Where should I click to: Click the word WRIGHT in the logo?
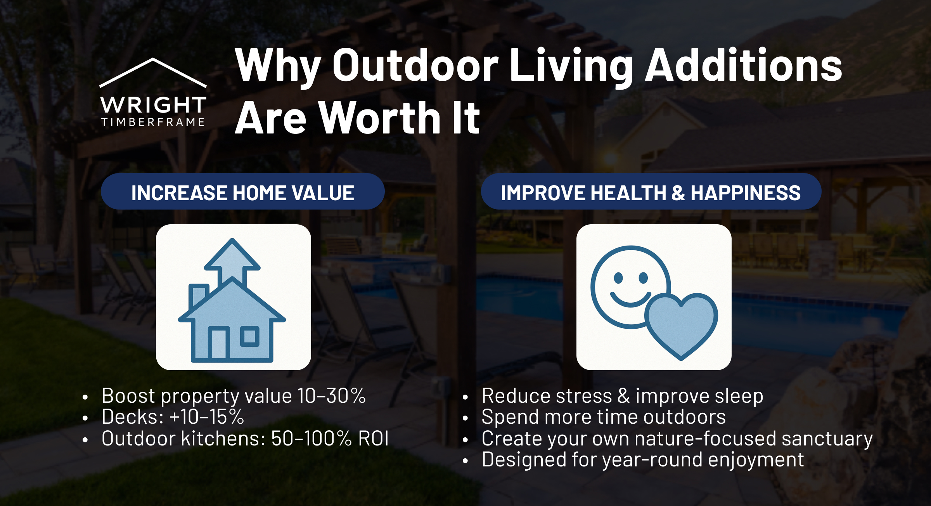click(x=153, y=105)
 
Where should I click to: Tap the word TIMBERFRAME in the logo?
click(x=153, y=122)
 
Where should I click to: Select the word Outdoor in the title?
click(x=415, y=65)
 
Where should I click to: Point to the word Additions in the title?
click(x=743, y=65)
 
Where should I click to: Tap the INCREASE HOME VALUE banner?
click(x=242, y=192)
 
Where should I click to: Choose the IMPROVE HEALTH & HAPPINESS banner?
click(x=651, y=192)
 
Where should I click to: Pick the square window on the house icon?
click(x=249, y=336)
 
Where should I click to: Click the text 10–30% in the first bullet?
click(x=331, y=396)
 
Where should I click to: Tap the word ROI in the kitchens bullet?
click(x=373, y=439)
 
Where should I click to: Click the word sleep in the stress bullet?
click(x=739, y=396)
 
